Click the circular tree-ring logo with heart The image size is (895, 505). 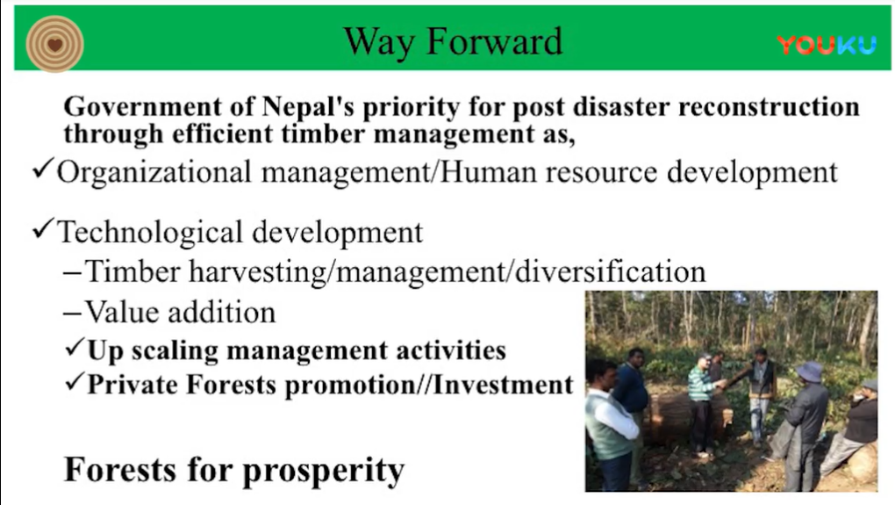click(x=54, y=44)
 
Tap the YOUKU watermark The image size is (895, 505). click(x=827, y=45)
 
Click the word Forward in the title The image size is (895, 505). click(x=494, y=41)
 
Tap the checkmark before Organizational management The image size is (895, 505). click(x=43, y=170)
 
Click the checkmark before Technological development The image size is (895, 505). click(x=43, y=228)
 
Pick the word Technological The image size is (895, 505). click(x=150, y=233)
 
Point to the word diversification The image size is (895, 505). click(x=610, y=271)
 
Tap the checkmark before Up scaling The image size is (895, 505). click(x=75, y=347)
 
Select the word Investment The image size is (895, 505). click(x=503, y=384)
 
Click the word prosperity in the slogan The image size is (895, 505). click(x=324, y=471)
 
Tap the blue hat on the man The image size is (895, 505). click(x=809, y=372)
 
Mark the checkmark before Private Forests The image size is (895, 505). click(x=75, y=381)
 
